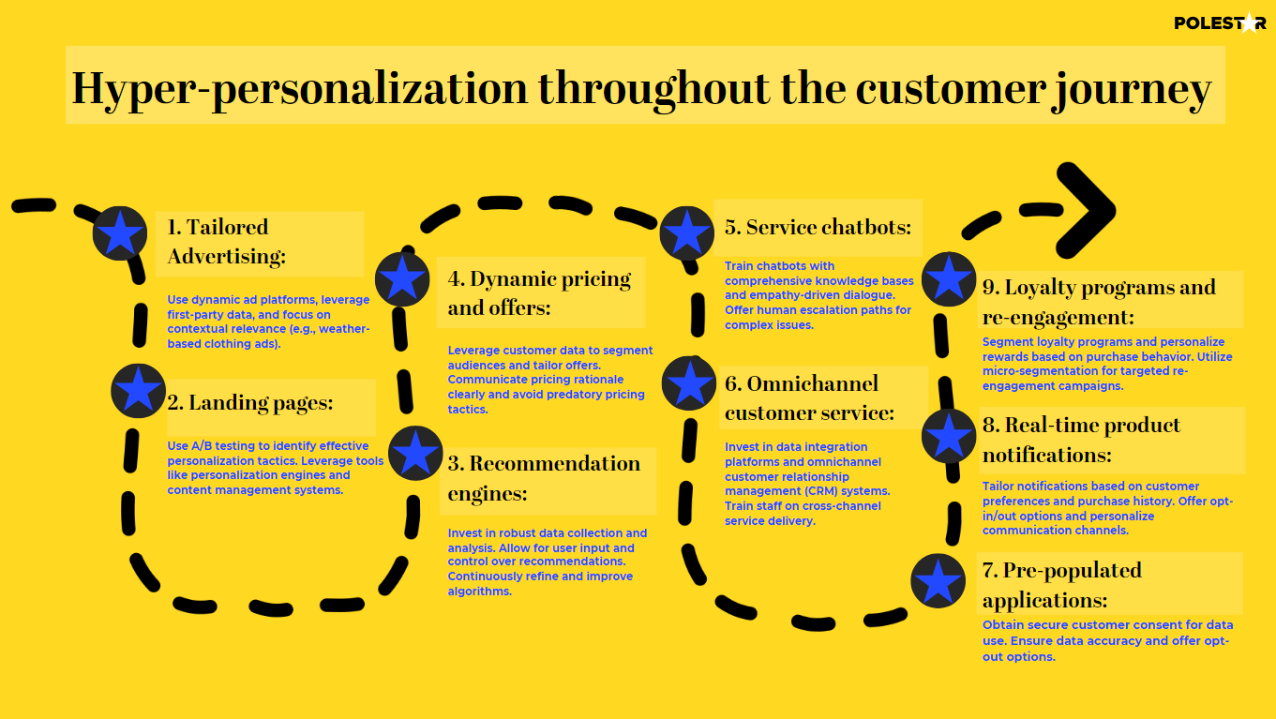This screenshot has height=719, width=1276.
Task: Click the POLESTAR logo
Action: [1219, 22]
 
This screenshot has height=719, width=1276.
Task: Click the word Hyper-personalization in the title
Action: [300, 88]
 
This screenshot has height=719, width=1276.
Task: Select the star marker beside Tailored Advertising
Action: [120, 233]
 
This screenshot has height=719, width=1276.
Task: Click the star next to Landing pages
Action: [139, 390]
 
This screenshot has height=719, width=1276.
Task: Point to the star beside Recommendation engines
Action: [415, 454]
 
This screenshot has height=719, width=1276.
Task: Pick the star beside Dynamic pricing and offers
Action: [402, 277]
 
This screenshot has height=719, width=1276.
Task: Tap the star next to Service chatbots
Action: [687, 233]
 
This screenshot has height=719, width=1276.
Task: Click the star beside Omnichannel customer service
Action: [689, 383]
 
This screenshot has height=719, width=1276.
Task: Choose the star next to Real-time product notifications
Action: [949, 436]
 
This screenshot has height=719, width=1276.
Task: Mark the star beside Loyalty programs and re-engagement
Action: [949, 279]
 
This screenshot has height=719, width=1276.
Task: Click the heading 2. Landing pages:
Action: [250, 403]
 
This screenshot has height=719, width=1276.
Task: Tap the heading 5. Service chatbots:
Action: [818, 228]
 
